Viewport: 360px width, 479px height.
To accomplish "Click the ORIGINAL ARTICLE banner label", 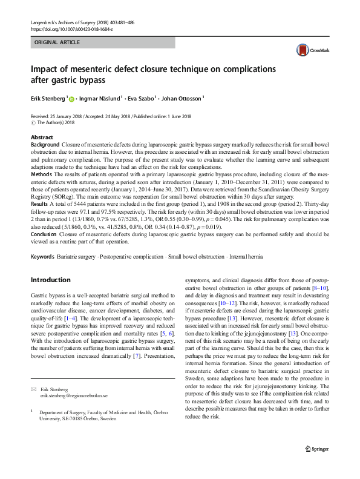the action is pos(56,43).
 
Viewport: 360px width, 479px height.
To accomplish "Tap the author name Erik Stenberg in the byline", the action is pos(48,97).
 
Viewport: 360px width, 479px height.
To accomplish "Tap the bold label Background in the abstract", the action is pos(45,146).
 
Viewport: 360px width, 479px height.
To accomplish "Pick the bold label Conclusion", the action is pos(45,233).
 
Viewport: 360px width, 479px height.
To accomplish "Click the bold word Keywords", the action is pos(44,257).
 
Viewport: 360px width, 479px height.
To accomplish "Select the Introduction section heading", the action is pos(50,280).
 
